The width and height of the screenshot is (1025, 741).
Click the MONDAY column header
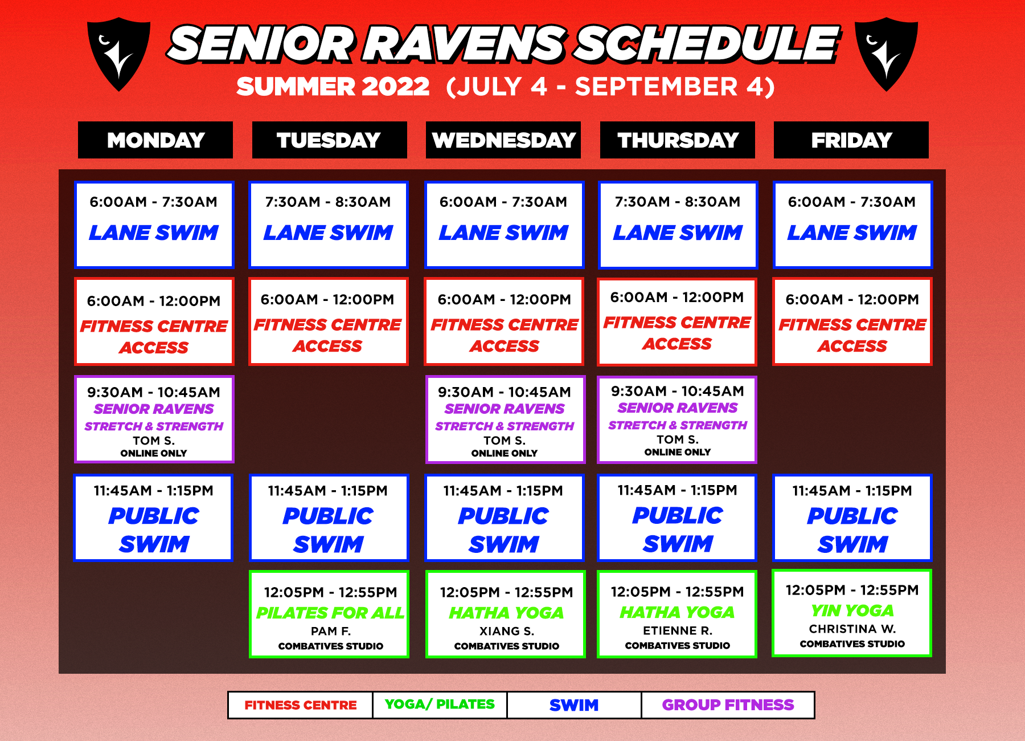[155, 140]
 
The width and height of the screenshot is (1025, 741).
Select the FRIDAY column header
[851, 140]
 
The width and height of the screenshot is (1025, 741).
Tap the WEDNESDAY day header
[503, 140]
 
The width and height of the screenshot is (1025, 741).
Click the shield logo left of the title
[118, 54]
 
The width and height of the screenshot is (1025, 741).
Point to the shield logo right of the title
[887, 54]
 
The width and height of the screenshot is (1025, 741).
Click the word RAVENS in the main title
[465, 44]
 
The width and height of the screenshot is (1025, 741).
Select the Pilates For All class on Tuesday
[329, 614]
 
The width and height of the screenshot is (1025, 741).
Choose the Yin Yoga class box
[852, 613]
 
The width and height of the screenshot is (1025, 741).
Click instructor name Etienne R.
[678, 630]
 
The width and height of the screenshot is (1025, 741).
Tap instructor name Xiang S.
[506, 631]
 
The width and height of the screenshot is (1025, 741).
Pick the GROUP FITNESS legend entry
[728, 705]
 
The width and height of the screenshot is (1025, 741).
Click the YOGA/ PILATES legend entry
[440, 705]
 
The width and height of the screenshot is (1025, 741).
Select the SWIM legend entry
[574, 705]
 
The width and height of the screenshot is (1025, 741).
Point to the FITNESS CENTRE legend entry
[301, 705]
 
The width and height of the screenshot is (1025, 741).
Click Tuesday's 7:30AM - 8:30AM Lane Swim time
[328, 202]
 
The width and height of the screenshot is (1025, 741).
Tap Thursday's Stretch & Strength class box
[677, 420]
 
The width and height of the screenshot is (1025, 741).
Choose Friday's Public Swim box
[852, 518]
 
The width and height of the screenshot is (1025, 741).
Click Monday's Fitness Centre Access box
[154, 321]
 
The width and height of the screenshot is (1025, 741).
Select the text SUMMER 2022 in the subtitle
[333, 87]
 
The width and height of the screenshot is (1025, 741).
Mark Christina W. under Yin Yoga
[852, 629]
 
